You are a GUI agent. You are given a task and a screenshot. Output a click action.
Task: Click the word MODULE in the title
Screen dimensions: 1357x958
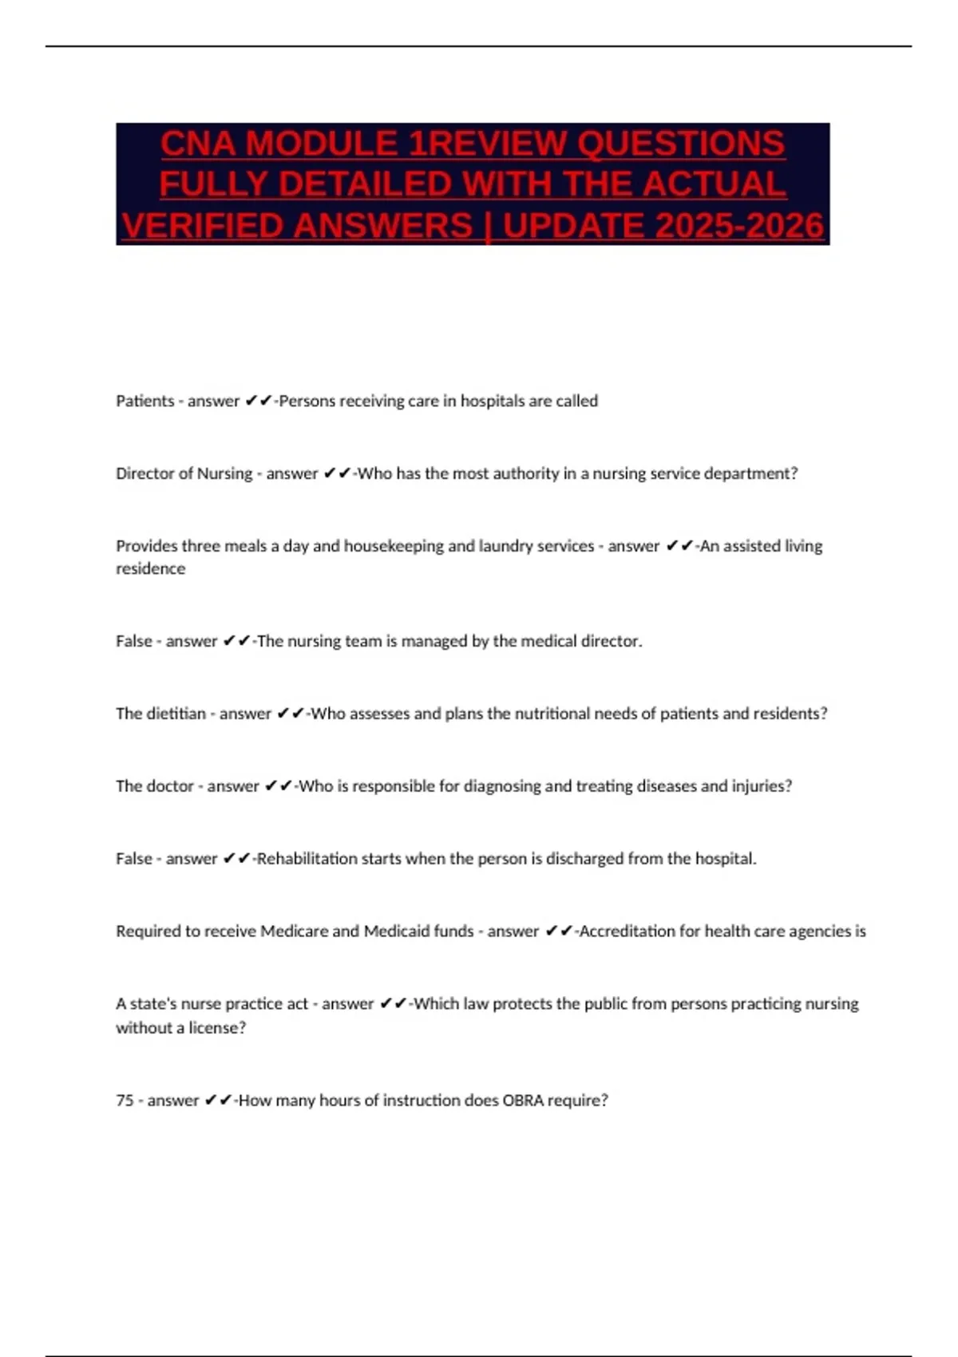[x=322, y=144]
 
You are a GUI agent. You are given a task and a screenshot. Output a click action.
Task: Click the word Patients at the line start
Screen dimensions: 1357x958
[x=144, y=401]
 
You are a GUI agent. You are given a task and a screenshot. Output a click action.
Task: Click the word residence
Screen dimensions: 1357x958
[x=150, y=569]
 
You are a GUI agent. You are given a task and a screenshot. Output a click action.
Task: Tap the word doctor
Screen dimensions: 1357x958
[x=170, y=786]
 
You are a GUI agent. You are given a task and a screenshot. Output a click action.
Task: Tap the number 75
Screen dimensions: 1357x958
[x=125, y=1101]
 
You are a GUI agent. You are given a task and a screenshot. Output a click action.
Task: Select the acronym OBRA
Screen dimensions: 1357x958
[x=524, y=1101]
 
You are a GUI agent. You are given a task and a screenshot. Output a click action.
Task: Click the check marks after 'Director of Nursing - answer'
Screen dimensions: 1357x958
[x=337, y=473]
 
